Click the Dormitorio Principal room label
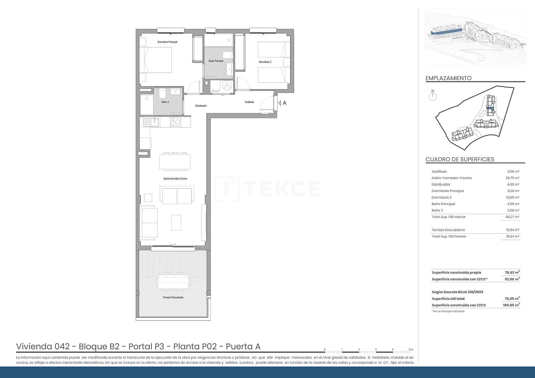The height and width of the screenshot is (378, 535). (x=167, y=42)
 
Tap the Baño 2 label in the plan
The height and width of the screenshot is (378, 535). (x=165, y=102)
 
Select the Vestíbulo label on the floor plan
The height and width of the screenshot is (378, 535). (x=249, y=102)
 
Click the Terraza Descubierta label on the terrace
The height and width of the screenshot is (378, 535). (x=173, y=297)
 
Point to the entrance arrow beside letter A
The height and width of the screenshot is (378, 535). (x=280, y=103)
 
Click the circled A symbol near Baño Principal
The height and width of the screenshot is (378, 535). (x=227, y=85)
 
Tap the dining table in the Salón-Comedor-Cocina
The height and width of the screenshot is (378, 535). (x=175, y=162)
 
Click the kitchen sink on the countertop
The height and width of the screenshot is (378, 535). (x=154, y=122)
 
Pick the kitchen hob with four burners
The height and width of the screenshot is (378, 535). (x=175, y=122)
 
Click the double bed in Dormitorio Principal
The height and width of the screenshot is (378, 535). (x=155, y=59)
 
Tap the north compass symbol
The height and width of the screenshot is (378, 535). (x=433, y=96)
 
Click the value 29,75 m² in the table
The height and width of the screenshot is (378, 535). (x=512, y=178)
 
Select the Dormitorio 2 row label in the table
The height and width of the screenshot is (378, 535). (x=441, y=197)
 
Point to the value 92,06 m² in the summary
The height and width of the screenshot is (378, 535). (x=512, y=279)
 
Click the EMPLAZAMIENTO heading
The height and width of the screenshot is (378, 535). (x=448, y=78)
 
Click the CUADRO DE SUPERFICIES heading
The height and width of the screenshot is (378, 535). (x=459, y=159)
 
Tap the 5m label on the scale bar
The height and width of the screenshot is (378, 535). (x=411, y=350)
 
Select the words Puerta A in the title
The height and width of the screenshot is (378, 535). (x=243, y=347)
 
